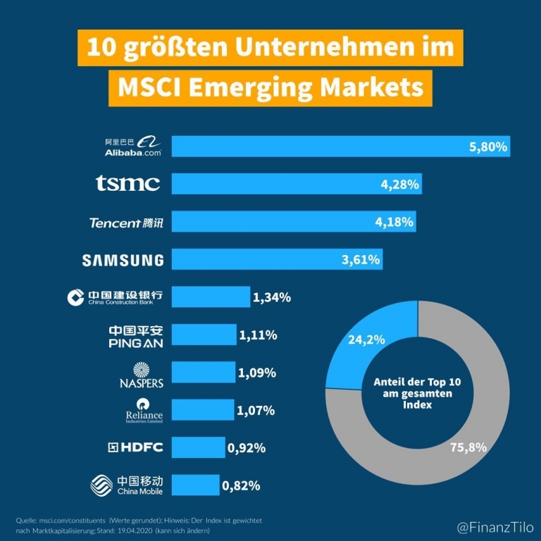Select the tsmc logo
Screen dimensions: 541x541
coord(128,184)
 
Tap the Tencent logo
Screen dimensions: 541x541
coord(126,223)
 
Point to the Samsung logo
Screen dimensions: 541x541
coord(123,260)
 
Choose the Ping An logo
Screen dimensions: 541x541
coord(135,336)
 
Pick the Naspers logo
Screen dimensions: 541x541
coord(142,374)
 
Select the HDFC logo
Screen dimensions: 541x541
coord(135,447)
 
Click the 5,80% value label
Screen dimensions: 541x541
coord(487,147)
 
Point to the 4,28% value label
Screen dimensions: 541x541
coord(399,185)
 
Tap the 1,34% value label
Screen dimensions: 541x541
coord(271,297)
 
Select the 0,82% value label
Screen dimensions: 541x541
coord(241,485)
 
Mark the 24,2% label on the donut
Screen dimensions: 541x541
coord(366,339)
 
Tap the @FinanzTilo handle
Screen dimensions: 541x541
coord(495,527)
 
